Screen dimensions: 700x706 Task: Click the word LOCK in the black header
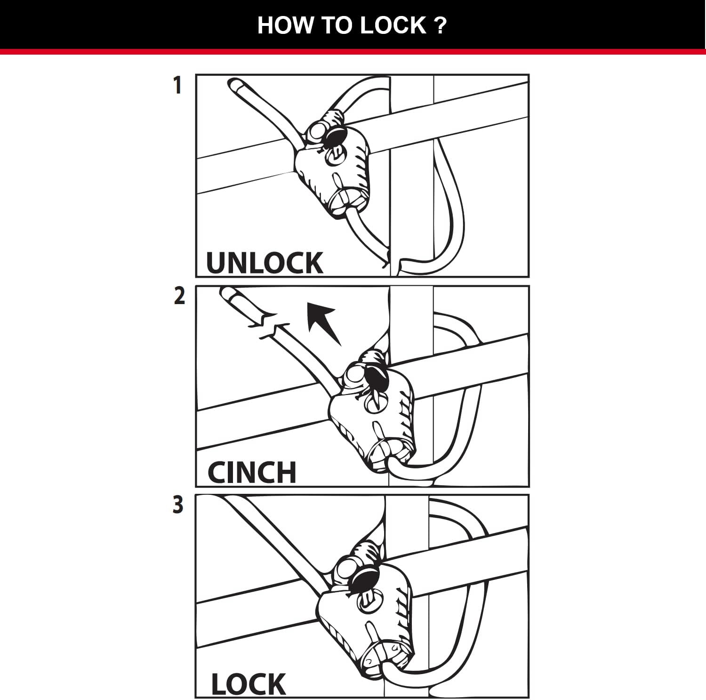click(393, 25)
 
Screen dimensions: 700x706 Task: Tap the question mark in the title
click(440, 25)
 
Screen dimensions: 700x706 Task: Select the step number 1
click(177, 86)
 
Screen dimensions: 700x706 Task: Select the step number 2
click(179, 296)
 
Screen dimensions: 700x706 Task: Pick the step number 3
click(178, 505)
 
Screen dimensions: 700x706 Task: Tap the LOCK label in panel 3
click(248, 684)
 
